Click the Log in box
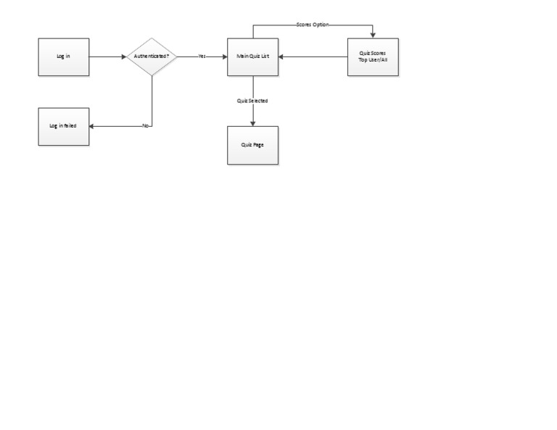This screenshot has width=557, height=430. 64,57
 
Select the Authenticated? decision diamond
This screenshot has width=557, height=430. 152,57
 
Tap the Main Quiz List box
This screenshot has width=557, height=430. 252,57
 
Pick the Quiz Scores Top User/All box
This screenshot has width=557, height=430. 373,57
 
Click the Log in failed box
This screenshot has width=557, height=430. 64,126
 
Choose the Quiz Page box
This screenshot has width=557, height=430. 252,145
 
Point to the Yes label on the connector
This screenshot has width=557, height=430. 202,57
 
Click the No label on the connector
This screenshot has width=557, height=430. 145,126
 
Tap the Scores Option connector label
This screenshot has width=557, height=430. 313,25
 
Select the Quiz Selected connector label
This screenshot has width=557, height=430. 252,101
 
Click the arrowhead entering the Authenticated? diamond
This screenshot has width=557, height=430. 123,57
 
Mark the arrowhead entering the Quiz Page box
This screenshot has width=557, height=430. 252,123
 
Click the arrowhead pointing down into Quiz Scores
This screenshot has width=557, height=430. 373,35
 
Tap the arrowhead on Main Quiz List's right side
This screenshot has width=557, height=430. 281,57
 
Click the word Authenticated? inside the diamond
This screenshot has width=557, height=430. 152,57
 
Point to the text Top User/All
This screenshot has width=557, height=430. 373,60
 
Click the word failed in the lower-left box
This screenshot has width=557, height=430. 70,126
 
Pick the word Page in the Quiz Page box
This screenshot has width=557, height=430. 257,145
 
